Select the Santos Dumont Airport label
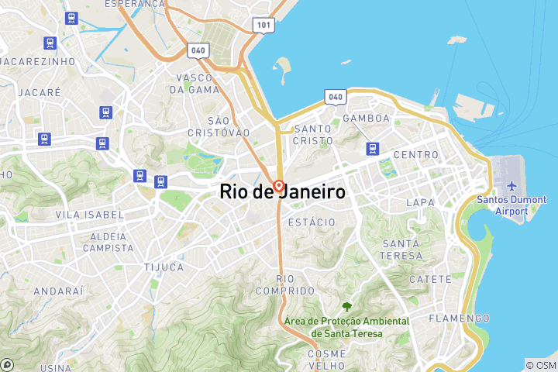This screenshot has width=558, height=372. click(x=511, y=205)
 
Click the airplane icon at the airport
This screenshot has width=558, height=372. click(x=511, y=186)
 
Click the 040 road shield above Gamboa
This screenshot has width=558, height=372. click(x=335, y=96)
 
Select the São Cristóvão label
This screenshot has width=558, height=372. click(x=219, y=127)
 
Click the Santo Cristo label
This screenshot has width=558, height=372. click(x=313, y=135)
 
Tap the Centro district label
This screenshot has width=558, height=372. click(x=416, y=155)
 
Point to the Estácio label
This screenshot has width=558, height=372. click(x=311, y=222)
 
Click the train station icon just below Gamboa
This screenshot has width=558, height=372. click(x=374, y=147)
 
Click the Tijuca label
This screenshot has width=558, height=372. click(x=164, y=267)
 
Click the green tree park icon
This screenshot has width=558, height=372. click(x=346, y=307)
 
